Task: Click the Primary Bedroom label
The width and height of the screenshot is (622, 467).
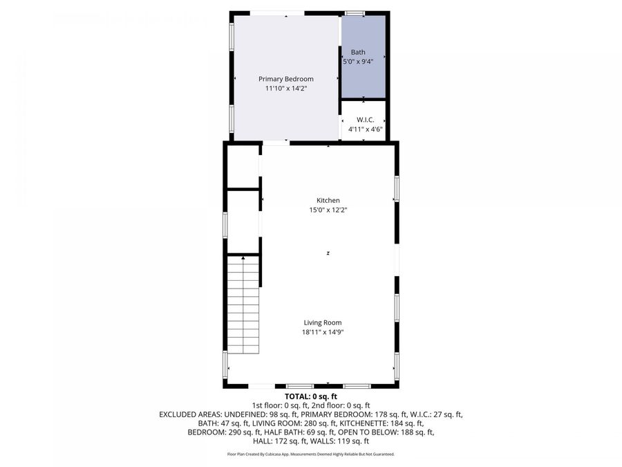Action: coord(285,79)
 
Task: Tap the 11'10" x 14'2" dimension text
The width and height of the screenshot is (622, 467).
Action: coord(285,89)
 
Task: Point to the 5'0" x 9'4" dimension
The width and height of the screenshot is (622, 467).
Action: coord(358,62)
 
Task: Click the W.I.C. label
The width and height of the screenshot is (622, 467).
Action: coord(365,120)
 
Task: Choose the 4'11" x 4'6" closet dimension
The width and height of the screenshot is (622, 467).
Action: coord(365,129)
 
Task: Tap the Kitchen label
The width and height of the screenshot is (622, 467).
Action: coord(328,201)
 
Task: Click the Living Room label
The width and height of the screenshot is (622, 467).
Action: coord(323,322)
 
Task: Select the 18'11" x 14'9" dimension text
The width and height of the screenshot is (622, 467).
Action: coord(323,332)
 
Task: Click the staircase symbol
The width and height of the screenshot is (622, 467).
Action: coord(243,304)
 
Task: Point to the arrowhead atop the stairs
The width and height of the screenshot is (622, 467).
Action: coord(243,257)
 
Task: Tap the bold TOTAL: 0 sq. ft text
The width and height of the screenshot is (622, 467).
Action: coord(310,396)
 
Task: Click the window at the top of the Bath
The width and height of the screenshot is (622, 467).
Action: coord(355,12)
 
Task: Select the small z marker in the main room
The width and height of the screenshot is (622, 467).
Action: coord(328,254)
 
